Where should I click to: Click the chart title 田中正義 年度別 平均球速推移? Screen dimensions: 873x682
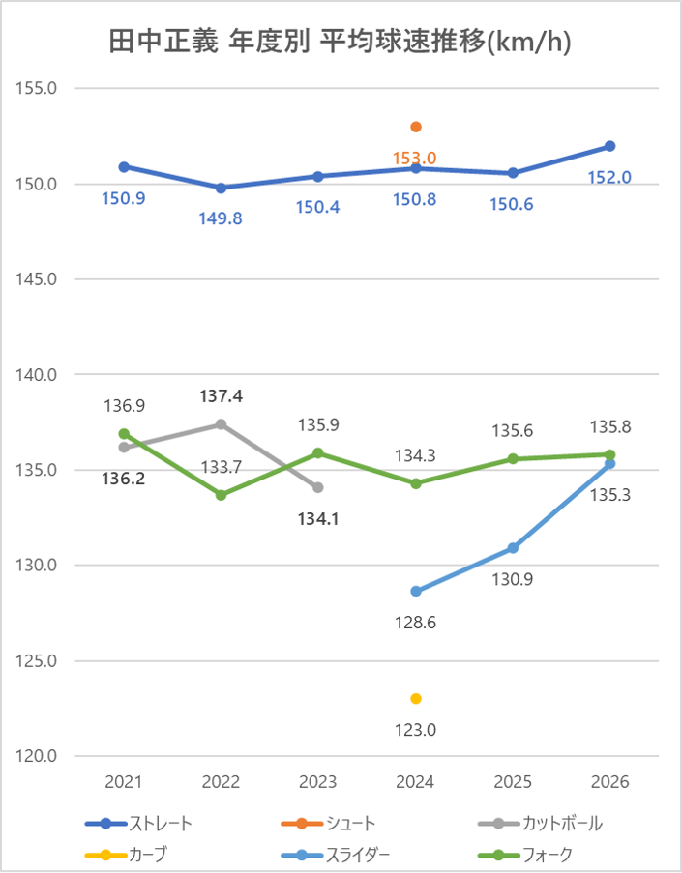(x=341, y=44)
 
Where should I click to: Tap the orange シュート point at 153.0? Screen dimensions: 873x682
(x=416, y=127)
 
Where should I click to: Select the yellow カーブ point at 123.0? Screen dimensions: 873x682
(x=416, y=698)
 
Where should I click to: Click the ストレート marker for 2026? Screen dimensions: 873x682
(x=610, y=146)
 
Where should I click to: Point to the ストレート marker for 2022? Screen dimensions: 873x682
(x=221, y=188)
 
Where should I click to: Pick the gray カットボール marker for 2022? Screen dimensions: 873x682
(x=221, y=424)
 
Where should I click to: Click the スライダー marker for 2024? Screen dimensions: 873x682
(x=416, y=592)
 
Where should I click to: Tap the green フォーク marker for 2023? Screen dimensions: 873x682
(x=318, y=452)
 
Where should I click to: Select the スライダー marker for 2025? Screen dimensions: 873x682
(x=513, y=548)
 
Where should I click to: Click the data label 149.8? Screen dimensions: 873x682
(x=221, y=218)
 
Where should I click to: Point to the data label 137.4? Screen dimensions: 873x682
(x=221, y=396)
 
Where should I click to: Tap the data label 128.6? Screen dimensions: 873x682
(x=416, y=623)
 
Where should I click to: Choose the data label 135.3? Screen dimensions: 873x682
(x=610, y=495)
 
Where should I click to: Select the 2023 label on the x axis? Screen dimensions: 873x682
(x=318, y=782)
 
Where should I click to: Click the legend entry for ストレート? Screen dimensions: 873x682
(x=139, y=824)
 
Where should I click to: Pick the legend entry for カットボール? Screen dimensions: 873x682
(x=541, y=824)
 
